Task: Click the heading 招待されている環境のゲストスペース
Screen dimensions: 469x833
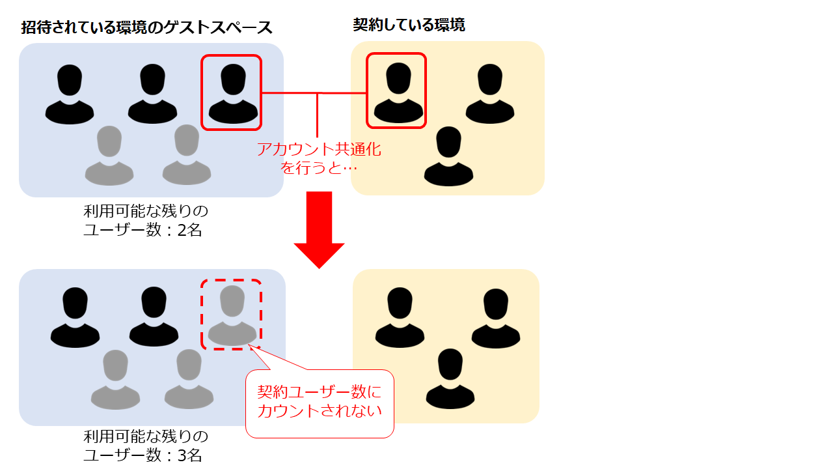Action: pos(146,27)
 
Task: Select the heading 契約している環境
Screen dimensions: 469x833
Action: pos(409,25)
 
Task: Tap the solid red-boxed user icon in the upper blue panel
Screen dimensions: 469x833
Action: pos(232,93)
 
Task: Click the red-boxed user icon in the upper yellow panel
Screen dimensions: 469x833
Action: pos(396,91)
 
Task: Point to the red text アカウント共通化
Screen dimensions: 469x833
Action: pos(319,150)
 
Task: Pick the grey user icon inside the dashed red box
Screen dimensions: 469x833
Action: pos(232,315)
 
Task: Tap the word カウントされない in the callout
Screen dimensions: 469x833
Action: pos(320,411)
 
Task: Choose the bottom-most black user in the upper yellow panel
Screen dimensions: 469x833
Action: pos(448,156)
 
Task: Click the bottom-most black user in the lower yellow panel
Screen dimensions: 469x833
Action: pos(450,378)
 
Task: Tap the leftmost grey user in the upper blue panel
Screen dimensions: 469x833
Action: pos(109,154)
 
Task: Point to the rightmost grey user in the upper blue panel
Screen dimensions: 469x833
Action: pos(187,154)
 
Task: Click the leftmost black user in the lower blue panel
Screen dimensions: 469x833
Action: pos(75,317)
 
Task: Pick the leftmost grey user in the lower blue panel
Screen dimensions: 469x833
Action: pos(115,378)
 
